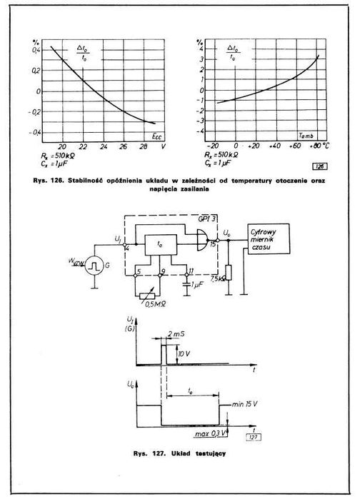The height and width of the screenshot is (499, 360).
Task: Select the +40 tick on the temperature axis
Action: [x=273, y=145]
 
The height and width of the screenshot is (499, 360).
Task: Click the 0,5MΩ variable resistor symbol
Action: [x=153, y=293]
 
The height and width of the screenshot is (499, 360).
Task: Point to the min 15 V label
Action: [x=245, y=405]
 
